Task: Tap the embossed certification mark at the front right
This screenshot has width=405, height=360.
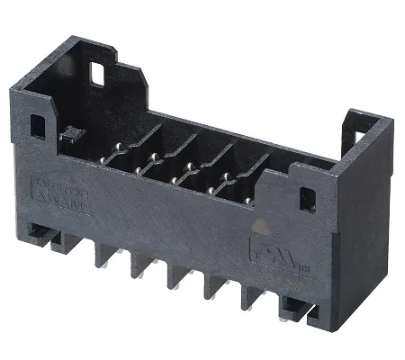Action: [x=262, y=244]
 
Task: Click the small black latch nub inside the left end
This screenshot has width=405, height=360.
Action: [x=67, y=135]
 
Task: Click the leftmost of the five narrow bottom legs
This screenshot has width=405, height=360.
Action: [x=101, y=260]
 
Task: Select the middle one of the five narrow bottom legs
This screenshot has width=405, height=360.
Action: [x=174, y=282]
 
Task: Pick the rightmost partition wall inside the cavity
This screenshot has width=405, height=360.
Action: [x=262, y=167]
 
